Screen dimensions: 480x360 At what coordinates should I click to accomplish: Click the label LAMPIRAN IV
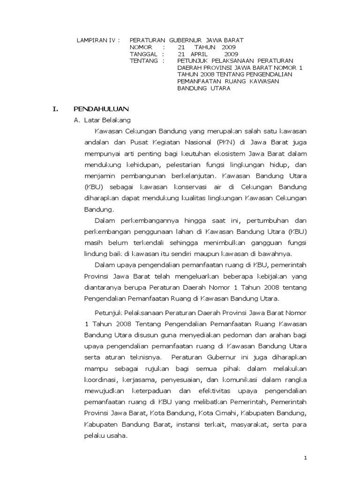(x=95, y=40)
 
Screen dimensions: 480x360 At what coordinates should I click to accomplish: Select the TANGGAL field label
(x=143, y=54)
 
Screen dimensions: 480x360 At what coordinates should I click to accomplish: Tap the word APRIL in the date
(x=197, y=54)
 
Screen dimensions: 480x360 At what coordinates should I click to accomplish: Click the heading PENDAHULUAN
(x=101, y=109)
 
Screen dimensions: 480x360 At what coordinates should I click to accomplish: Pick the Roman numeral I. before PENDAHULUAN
(x=55, y=109)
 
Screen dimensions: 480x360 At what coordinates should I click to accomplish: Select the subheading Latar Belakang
(x=101, y=120)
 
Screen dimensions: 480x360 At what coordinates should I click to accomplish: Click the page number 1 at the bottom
(x=305, y=458)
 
